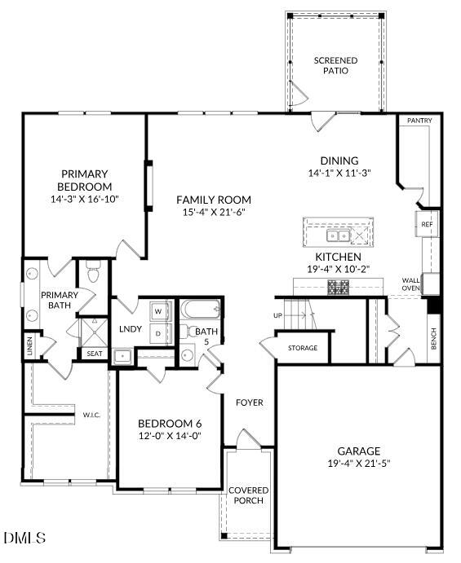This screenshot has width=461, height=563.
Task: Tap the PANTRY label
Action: [419, 121]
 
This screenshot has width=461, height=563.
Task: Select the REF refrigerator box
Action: [427, 224]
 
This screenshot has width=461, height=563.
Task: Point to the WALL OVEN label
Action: [410, 284]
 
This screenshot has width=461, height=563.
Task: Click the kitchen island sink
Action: [337, 235]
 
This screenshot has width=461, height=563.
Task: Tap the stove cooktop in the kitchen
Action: [338, 287]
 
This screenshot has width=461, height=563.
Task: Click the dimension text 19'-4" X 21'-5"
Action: [359, 464]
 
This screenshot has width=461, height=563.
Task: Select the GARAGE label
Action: [359, 451]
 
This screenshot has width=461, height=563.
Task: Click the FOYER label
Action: [249, 402]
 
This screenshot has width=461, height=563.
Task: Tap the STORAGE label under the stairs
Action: [302, 348]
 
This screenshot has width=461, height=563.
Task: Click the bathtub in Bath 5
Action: [200, 310]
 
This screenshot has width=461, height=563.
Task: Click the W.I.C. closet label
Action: [91, 415]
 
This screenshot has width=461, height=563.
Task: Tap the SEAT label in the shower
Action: [94, 354]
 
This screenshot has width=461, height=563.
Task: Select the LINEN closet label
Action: [29, 346]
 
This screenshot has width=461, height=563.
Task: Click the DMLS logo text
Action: [25, 538]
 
